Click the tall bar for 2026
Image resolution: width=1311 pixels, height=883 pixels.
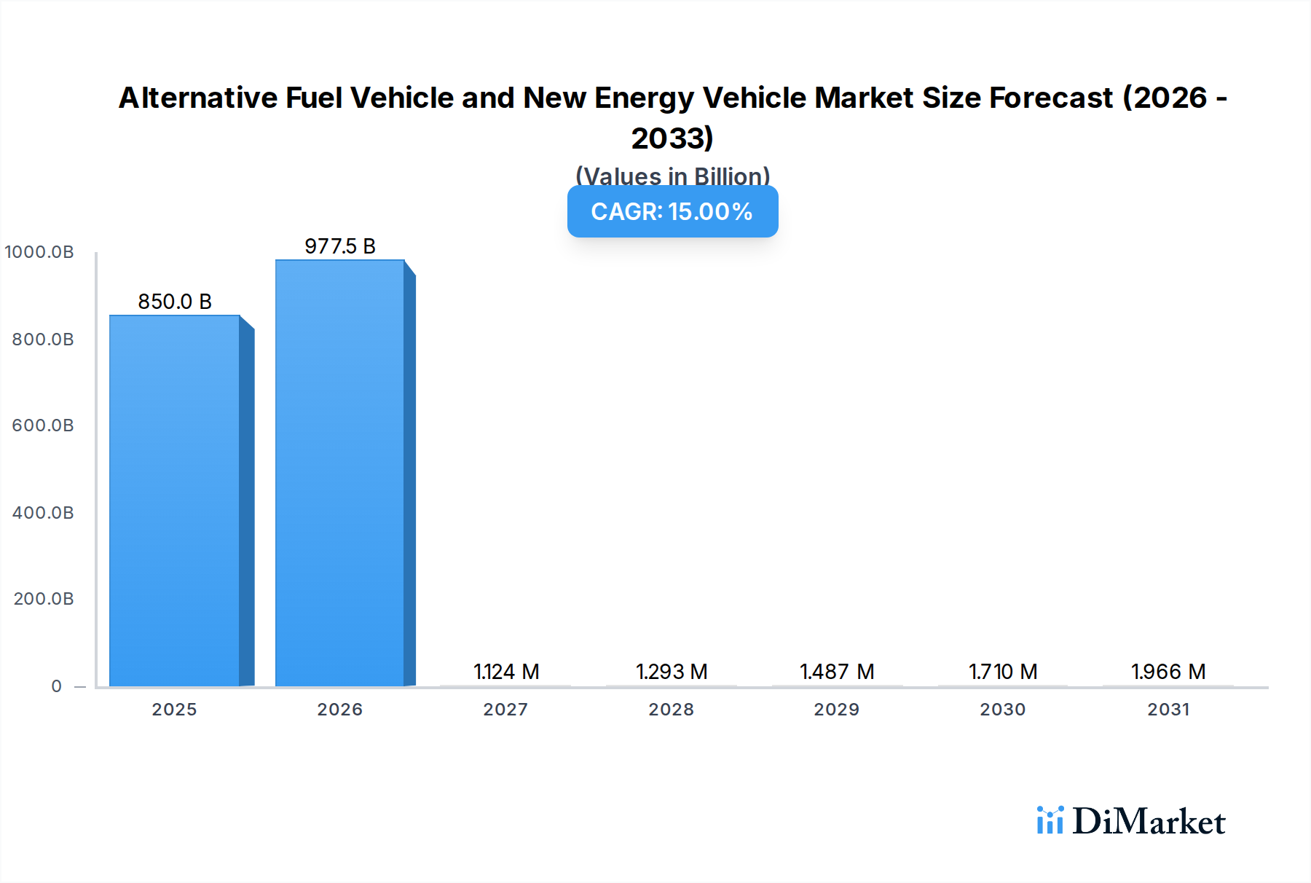click(340, 474)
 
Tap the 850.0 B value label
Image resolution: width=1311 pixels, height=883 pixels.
click(175, 302)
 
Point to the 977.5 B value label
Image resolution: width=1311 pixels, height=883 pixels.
click(340, 246)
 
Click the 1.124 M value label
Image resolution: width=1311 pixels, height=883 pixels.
click(506, 672)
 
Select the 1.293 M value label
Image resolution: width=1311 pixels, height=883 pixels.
click(672, 672)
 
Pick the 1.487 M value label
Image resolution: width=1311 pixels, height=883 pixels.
click(837, 672)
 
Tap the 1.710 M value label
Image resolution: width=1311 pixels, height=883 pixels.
click(1003, 672)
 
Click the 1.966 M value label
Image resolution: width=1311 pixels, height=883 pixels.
click(1168, 672)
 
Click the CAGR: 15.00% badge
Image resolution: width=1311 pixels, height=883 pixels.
click(672, 211)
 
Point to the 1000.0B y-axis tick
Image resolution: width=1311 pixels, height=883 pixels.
click(39, 252)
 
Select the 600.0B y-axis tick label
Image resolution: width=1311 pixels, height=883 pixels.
click(43, 425)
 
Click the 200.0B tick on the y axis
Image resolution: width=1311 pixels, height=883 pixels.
click(43, 599)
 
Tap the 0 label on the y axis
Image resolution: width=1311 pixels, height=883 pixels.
click(57, 686)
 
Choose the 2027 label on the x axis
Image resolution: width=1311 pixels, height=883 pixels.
click(505, 710)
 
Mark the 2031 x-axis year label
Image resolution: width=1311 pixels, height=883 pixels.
click(1168, 710)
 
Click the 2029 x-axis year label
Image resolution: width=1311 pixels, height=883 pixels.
click(837, 710)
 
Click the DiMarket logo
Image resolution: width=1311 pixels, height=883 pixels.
click(1131, 821)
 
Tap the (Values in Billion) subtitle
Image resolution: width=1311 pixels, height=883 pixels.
click(672, 176)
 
